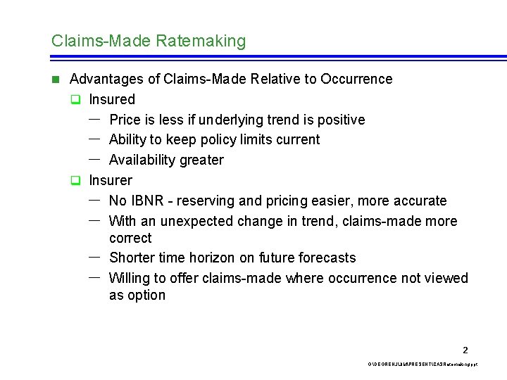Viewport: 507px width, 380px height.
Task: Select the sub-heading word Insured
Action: point(111,99)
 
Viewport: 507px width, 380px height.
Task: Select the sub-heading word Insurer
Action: point(110,180)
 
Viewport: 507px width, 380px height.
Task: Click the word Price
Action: point(125,120)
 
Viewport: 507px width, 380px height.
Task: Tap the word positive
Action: point(341,120)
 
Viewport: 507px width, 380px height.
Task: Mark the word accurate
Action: point(420,201)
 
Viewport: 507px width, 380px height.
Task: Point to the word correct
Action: point(130,238)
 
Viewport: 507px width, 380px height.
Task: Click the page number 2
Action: point(465,350)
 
